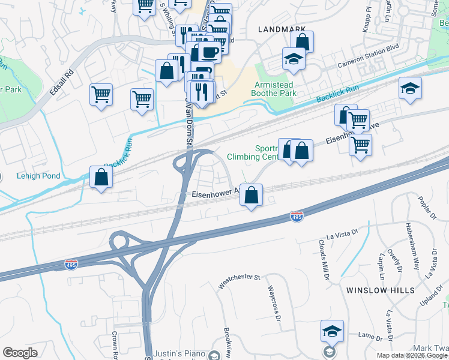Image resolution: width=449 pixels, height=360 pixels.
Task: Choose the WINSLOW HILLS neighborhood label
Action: pos(380,290)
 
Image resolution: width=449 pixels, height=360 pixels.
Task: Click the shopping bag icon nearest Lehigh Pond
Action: pos(101,176)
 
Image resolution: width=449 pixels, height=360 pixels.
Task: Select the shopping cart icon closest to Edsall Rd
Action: pos(101,94)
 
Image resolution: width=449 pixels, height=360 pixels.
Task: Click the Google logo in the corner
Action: pos(20,353)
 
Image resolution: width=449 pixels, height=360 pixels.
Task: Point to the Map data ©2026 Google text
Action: pos(411,355)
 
